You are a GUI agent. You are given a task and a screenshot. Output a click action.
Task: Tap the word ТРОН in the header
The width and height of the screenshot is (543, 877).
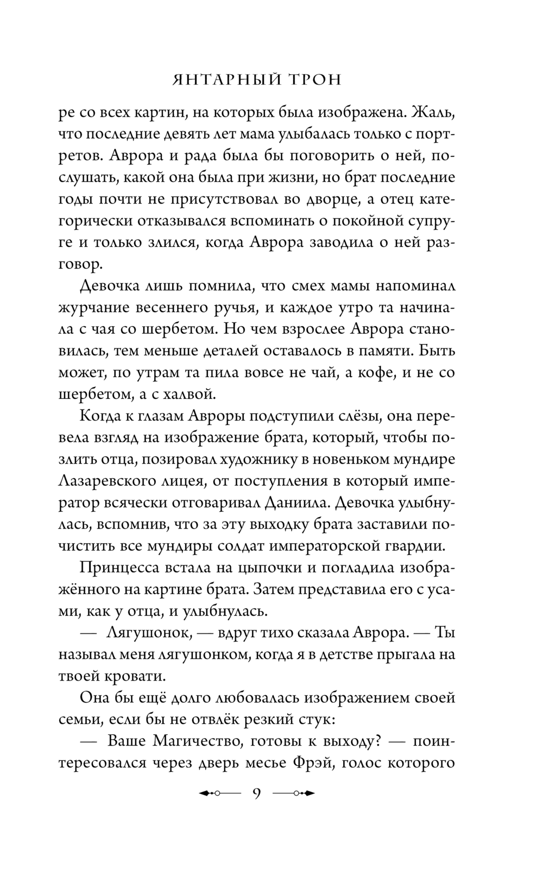(314, 80)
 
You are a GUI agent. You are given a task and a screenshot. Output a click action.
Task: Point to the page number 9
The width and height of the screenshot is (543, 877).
(257, 793)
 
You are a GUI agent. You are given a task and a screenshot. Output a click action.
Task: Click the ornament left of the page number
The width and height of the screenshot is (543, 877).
(220, 793)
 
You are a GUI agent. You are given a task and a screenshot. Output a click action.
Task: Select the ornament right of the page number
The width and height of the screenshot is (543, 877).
(294, 793)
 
